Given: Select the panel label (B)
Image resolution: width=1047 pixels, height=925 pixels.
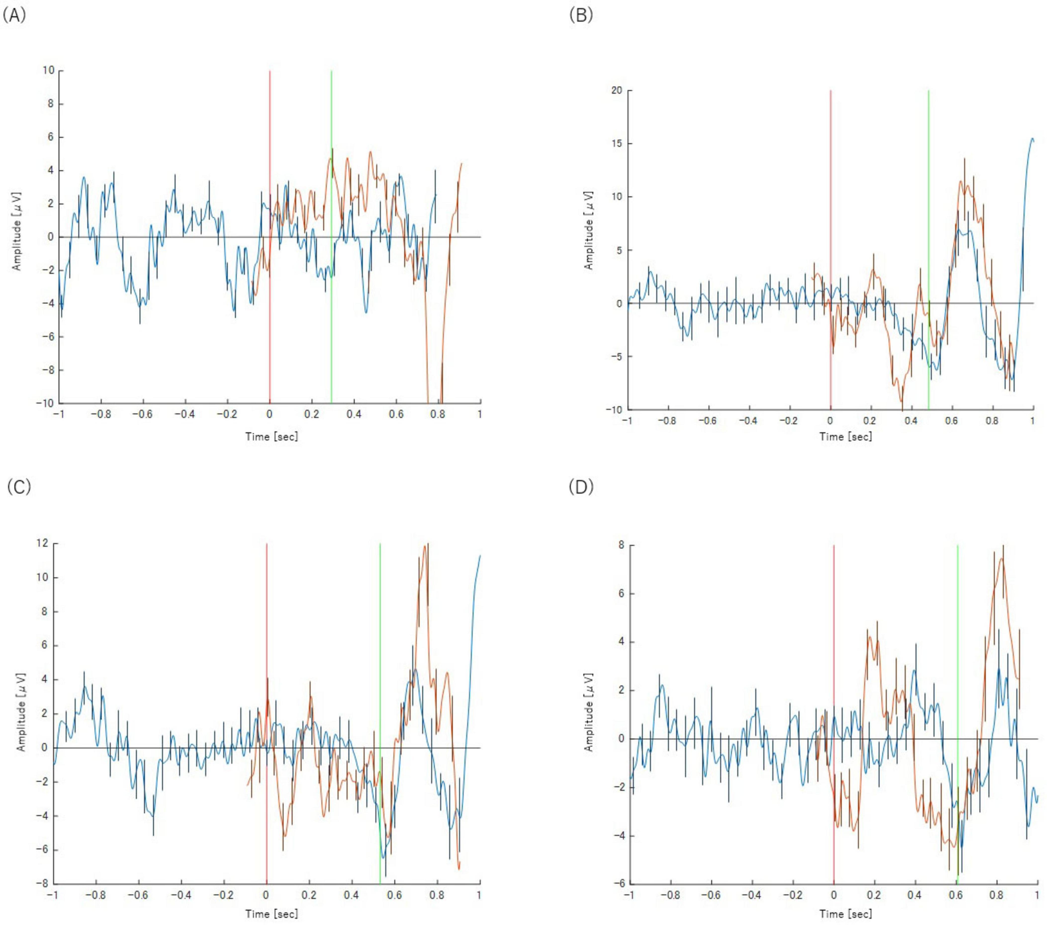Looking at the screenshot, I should [581, 16].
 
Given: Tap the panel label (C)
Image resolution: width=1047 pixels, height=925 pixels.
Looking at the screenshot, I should [19, 487].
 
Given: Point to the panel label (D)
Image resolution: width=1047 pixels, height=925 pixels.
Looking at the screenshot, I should [581, 487].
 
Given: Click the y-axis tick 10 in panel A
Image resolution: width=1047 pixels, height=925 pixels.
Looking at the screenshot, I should [49, 70].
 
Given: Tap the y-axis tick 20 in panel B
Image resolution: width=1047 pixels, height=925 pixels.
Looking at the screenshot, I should [617, 90].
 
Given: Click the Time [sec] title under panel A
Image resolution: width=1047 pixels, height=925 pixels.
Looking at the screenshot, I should [272, 437].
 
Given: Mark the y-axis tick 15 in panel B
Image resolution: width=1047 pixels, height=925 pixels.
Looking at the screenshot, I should [617, 144].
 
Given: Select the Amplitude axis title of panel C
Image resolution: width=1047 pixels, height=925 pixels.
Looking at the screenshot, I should [22, 712].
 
